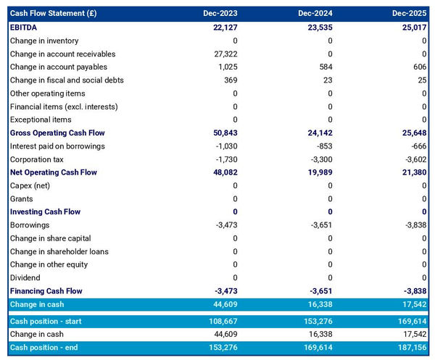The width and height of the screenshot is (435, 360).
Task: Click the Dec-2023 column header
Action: [221, 14]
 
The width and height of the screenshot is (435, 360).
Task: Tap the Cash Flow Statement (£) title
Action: [54, 14]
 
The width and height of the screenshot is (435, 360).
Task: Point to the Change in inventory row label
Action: [44, 41]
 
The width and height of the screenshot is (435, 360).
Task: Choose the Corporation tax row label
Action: [40, 159]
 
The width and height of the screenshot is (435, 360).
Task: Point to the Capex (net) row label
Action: [32, 185]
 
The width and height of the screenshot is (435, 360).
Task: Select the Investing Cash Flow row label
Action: [45, 212]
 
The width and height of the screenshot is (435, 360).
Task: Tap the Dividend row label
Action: [26, 277]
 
